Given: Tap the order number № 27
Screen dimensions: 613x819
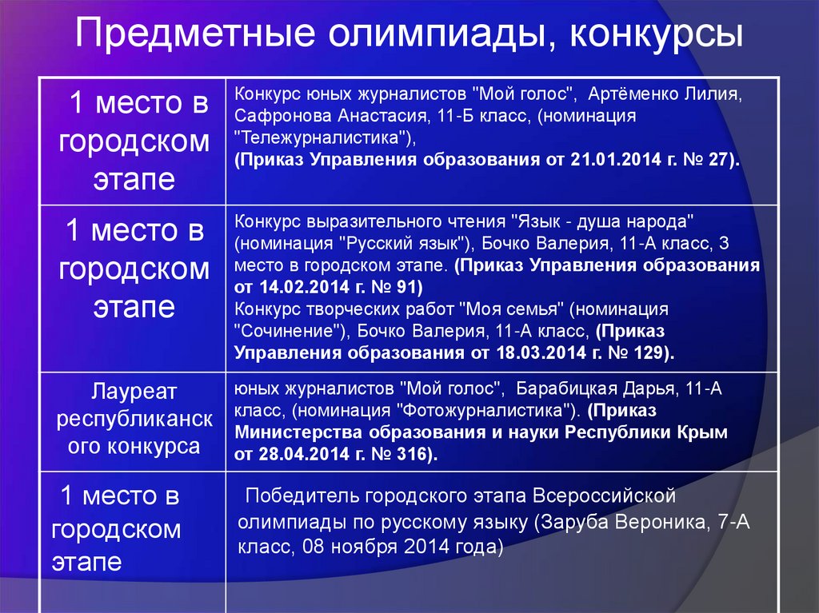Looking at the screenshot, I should point(714,159).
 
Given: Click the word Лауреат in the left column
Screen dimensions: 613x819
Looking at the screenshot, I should point(133,392).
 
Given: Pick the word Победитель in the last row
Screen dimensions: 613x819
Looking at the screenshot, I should point(301,496).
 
